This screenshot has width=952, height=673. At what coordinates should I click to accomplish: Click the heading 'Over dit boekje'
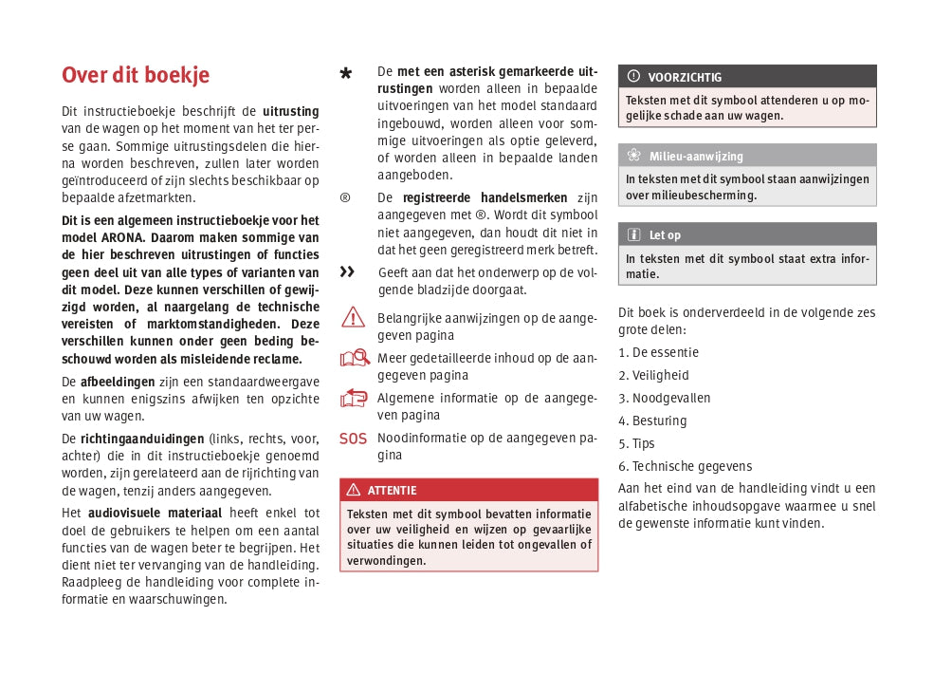(136, 75)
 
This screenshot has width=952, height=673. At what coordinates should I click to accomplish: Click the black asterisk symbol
(346, 74)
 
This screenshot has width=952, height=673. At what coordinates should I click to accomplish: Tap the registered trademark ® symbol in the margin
(345, 197)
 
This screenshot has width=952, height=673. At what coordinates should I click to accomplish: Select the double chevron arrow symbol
(347, 272)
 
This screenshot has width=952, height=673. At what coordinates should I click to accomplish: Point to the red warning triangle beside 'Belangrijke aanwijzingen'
(353, 317)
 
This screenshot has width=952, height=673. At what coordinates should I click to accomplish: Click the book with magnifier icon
(354, 358)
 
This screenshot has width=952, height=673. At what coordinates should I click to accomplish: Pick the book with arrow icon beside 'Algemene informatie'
(353, 398)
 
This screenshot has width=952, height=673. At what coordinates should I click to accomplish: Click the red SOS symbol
(353, 439)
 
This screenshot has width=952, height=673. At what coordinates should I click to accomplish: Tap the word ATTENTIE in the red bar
(392, 490)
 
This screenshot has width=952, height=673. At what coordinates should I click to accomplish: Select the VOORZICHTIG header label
(685, 77)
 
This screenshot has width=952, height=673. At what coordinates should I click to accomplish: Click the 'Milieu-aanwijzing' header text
(696, 156)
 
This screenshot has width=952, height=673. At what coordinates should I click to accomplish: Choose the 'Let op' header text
(665, 234)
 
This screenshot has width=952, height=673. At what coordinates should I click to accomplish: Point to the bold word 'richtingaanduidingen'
(142, 439)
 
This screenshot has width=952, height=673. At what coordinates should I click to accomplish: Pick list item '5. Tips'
(636, 443)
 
